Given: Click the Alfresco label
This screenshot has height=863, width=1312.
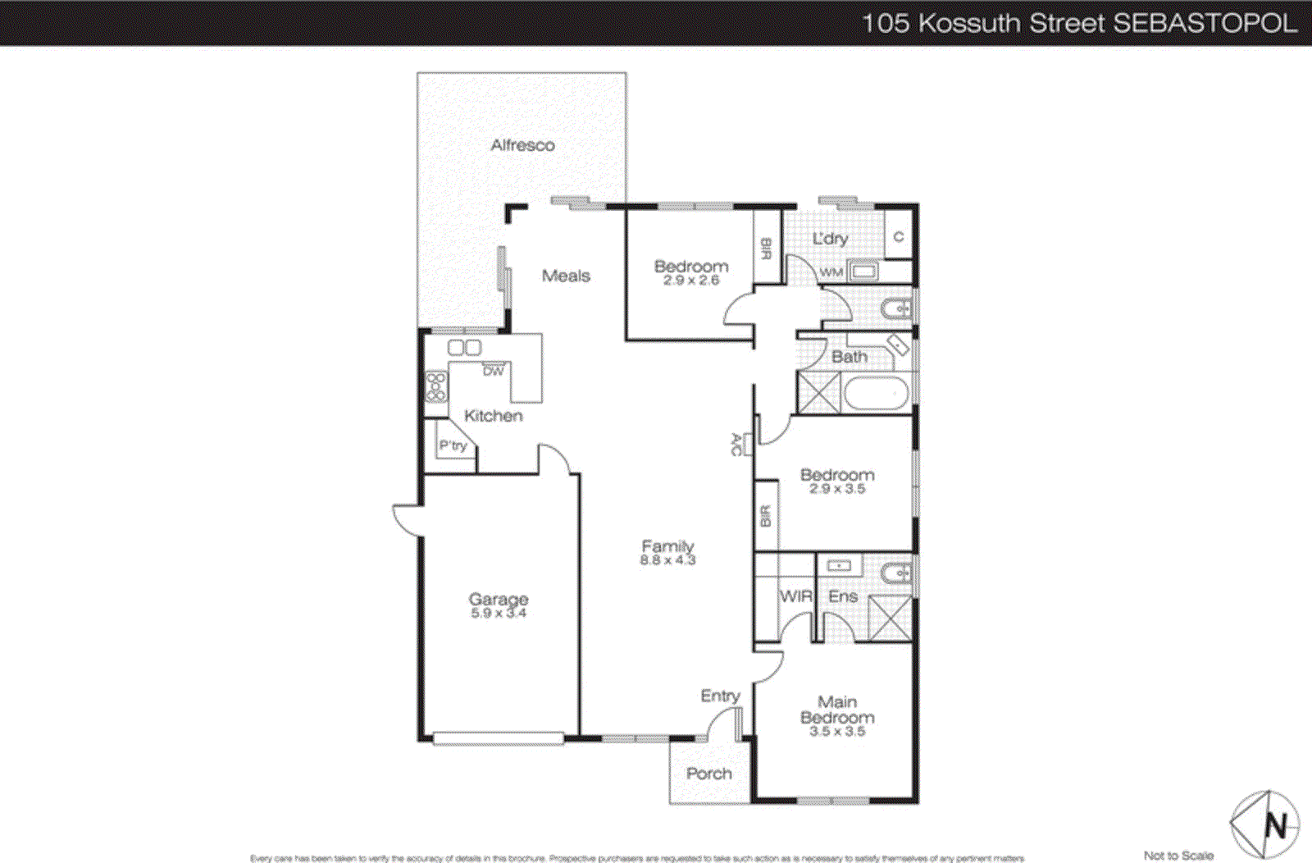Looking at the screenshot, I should (x=522, y=145).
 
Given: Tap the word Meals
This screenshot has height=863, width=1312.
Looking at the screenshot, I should (x=566, y=276).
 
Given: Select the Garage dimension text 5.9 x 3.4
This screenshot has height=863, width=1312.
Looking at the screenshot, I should (x=499, y=613).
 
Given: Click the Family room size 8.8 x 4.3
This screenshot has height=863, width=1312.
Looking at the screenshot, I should (x=667, y=560).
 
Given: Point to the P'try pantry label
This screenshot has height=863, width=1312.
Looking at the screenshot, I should (x=453, y=445).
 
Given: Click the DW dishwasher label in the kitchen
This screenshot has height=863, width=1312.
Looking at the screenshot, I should (x=493, y=371).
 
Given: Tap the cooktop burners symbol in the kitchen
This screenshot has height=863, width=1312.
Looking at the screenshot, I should (x=435, y=387).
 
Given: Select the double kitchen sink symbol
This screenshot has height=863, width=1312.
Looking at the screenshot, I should (x=464, y=347).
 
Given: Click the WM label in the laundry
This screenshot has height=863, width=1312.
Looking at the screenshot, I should (x=831, y=272).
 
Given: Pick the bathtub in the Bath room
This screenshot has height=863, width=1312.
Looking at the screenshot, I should (x=876, y=394).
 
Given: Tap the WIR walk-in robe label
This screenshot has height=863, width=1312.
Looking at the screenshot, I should (x=795, y=596).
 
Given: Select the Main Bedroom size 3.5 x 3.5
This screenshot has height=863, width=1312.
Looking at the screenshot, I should (x=837, y=731).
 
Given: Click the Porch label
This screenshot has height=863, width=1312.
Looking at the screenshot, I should (x=709, y=774).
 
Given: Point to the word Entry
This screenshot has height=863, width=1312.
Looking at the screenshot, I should (x=720, y=696).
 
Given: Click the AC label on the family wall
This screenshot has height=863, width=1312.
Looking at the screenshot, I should (x=736, y=445).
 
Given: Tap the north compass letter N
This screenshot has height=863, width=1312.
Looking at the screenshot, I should (x=1276, y=825).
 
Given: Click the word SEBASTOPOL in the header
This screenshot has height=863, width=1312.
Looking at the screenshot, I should (x=1205, y=23).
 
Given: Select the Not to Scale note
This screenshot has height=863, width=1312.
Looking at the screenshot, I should (x=1178, y=855).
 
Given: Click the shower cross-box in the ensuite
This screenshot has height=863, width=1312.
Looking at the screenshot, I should (x=890, y=618).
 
